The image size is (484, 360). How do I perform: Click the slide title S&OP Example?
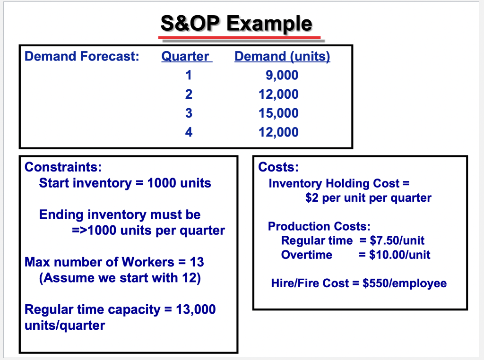pyautogui.click(x=236, y=23)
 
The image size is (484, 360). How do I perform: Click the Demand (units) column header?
pyautogui.click(x=282, y=57)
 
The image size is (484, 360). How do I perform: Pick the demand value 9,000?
pyautogui.click(x=282, y=76)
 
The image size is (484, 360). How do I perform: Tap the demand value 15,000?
pyautogui.click(x=278, y=113)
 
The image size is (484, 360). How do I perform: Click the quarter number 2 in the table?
pyautogui.click(x=189, y=94)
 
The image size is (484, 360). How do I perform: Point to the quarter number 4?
pyautogui.click(x=189, y=132)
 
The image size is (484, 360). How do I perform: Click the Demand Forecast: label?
pyautogui.click(x=82, y=57)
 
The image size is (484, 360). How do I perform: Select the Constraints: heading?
pyautogui.click(x=63, y=167)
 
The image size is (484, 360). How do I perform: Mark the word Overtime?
pyautogui.click(x=306, y=255)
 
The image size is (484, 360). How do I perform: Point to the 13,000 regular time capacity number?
pyautogui.click(x=196, y=309)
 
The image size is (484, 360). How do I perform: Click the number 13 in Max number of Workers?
pyautogui.click(x=197, y=262)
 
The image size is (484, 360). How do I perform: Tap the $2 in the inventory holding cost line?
pyautogui.click(x=311, y=197)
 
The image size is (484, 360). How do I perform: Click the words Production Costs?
pyautogui.click(x=319, y=226)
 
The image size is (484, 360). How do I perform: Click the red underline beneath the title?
pyautogui.click(x=239, y=37)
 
